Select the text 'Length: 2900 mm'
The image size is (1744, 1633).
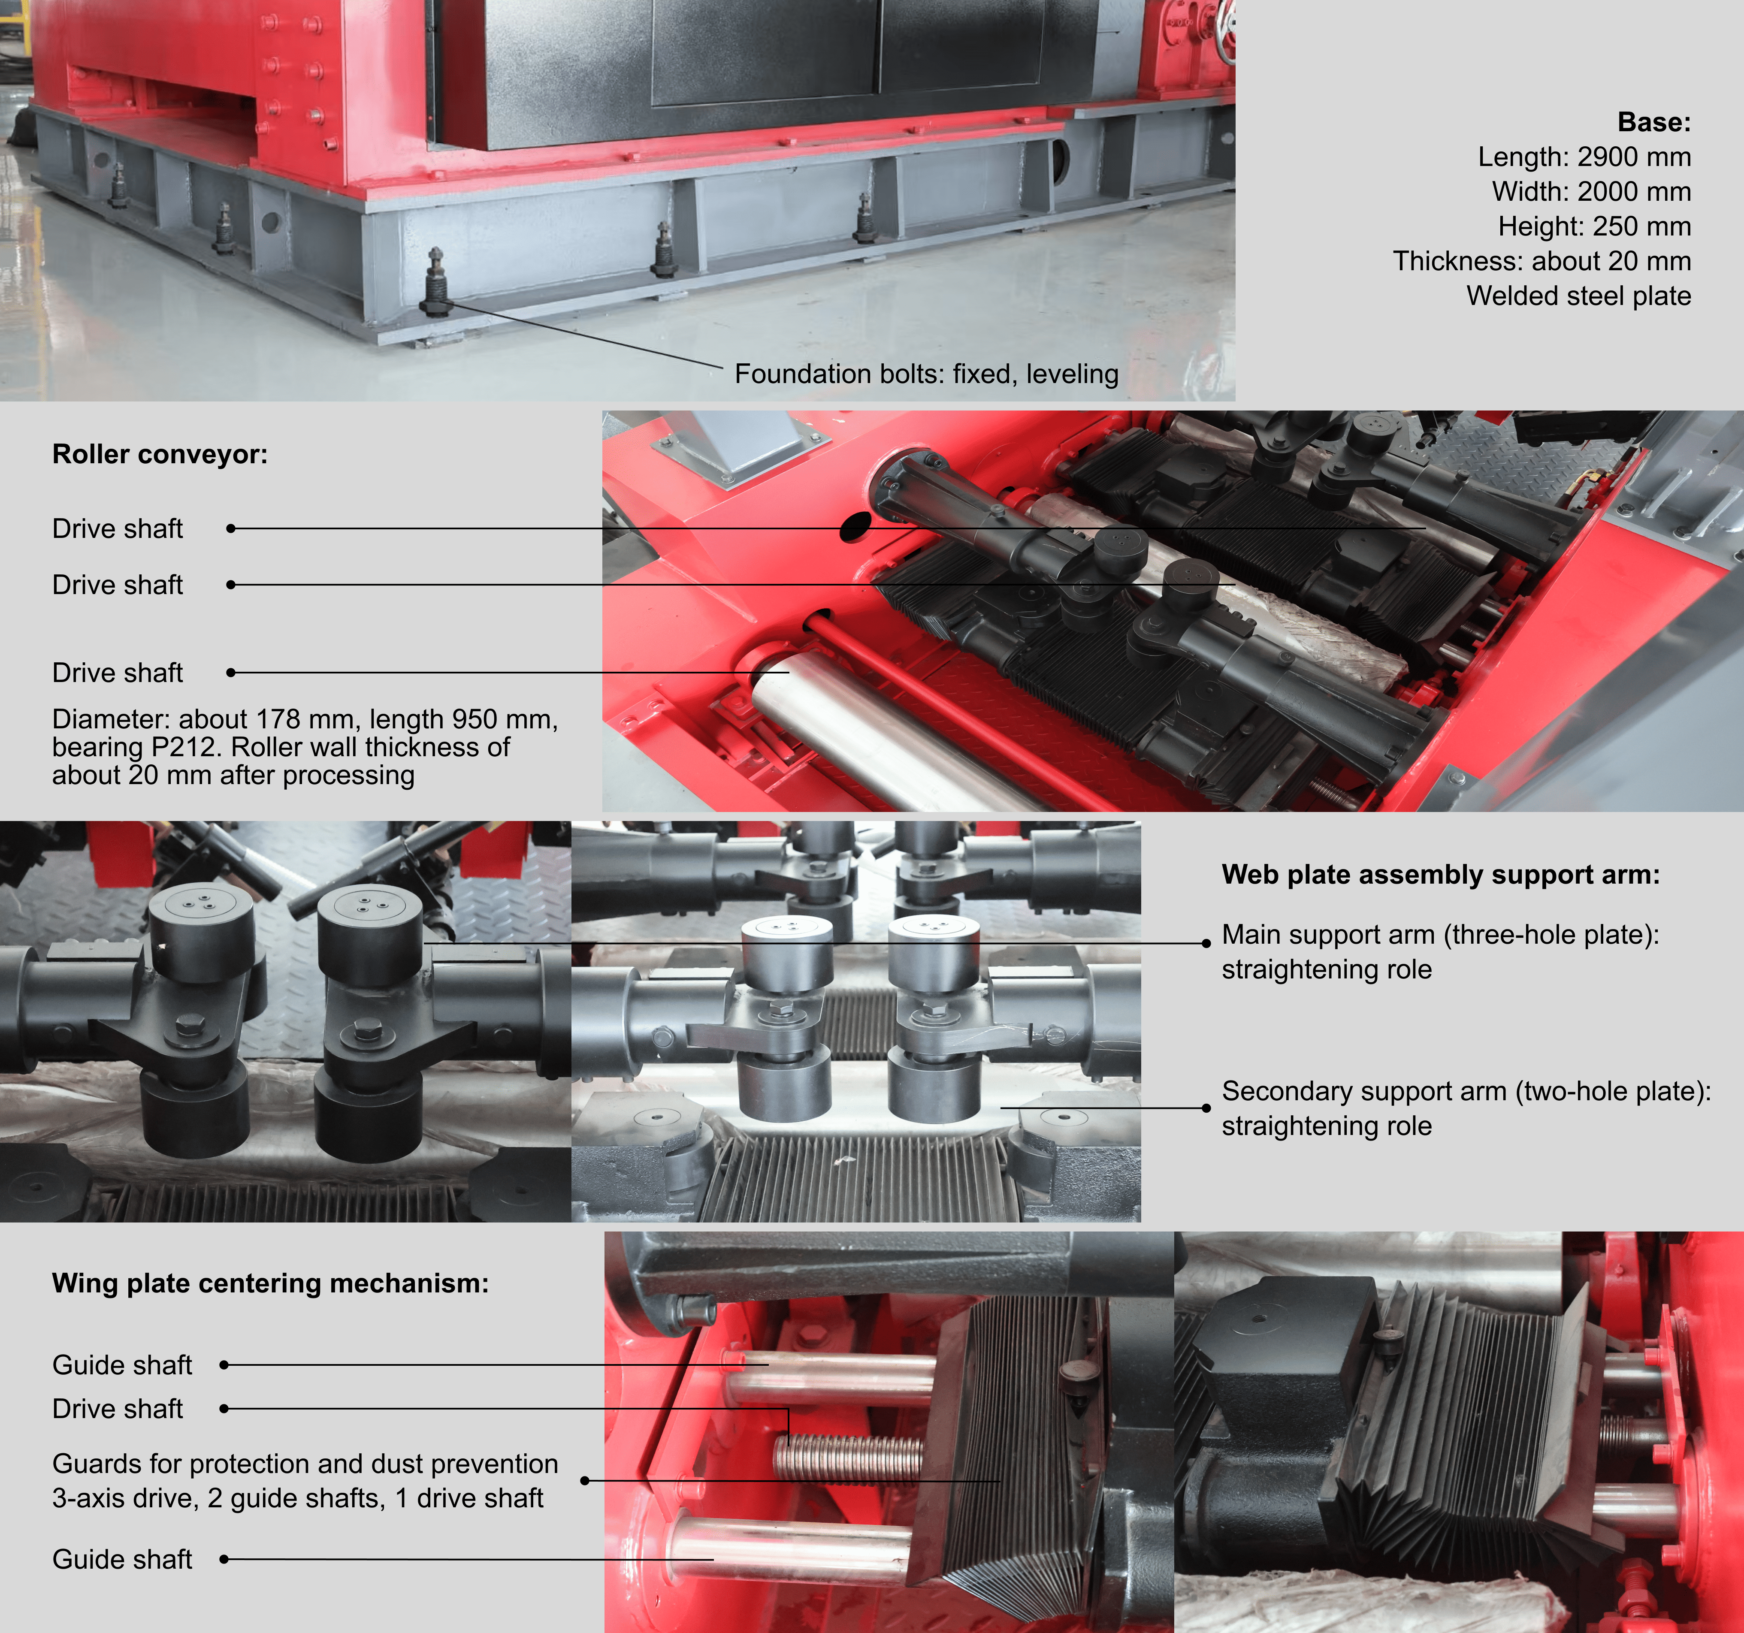(x=1584, y=157)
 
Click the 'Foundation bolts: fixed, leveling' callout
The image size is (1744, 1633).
(x=926, y=374)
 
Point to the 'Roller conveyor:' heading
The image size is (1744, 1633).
(x=160, y=454)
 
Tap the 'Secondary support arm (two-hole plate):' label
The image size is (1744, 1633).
(x=1466, y=1091)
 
